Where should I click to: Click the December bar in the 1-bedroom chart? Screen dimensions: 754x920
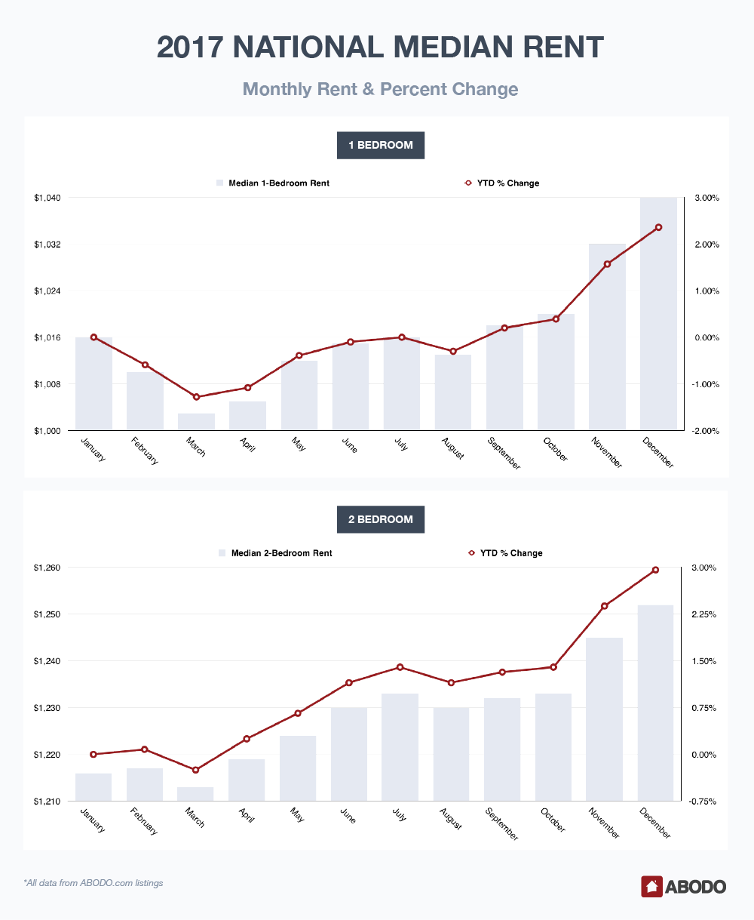coord(658,314)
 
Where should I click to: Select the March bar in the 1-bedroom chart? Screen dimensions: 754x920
coord(196,421)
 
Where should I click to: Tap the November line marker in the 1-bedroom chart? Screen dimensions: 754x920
coord(607,264)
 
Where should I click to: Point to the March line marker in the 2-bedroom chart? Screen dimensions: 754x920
coord(196,770)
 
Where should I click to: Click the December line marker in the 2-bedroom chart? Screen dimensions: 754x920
coord(655,570)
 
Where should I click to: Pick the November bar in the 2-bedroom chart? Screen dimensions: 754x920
coord(604,719)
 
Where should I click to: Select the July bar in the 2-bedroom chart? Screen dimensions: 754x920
coord(400,747)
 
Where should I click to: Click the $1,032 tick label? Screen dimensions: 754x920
coord(48,245)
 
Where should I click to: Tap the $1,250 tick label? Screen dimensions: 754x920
coord(47,614)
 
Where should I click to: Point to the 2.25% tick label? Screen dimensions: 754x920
coord(704,614)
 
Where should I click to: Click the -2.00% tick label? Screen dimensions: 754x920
coord(705,431)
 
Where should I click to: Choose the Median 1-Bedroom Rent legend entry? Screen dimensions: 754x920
coord(273,183)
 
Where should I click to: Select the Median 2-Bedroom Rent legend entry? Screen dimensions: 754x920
coord(275,552)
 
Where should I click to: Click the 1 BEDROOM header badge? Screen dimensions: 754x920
coord(381,145)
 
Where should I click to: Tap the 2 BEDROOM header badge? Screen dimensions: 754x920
coord(381,519)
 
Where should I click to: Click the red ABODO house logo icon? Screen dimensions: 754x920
coord(651,886)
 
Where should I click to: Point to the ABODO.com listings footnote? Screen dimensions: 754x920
coord(93,883)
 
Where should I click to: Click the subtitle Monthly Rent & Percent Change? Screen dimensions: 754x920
coord(380,89)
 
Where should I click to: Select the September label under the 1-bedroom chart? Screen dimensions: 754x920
coord(504,454)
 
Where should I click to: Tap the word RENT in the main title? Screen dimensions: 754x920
coord(563,47)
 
